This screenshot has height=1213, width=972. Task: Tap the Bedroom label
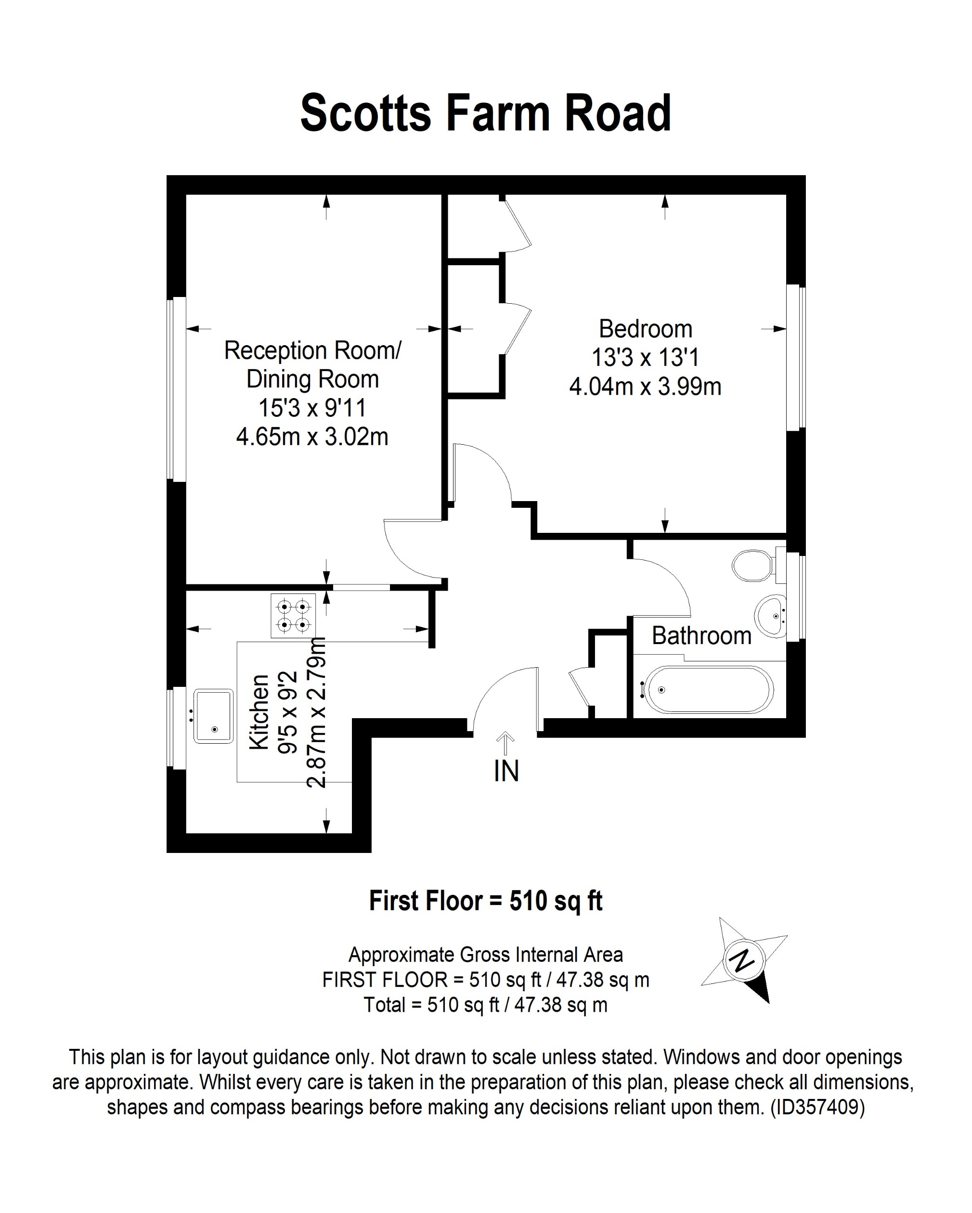point(645,329)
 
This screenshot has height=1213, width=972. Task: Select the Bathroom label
point(701,636)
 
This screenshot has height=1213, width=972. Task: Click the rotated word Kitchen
point(259,712)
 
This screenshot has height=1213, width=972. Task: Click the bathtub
point(709,690)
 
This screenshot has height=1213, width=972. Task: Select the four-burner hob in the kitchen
point(293,616)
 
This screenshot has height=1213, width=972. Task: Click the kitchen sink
point(213,716)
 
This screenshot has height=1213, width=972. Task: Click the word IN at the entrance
point(506,771)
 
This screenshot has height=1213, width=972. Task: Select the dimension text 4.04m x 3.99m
point(645,387)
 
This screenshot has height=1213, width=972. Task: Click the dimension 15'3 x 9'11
point(312,408)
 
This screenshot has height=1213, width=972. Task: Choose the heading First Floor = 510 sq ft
point(485,901)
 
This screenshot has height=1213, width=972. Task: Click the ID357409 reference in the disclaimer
point(817,1107)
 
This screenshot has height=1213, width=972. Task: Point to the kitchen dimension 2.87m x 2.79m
point(317,712)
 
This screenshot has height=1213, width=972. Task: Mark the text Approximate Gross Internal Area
point(485,955)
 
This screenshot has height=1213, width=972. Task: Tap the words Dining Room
point(312,379)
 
